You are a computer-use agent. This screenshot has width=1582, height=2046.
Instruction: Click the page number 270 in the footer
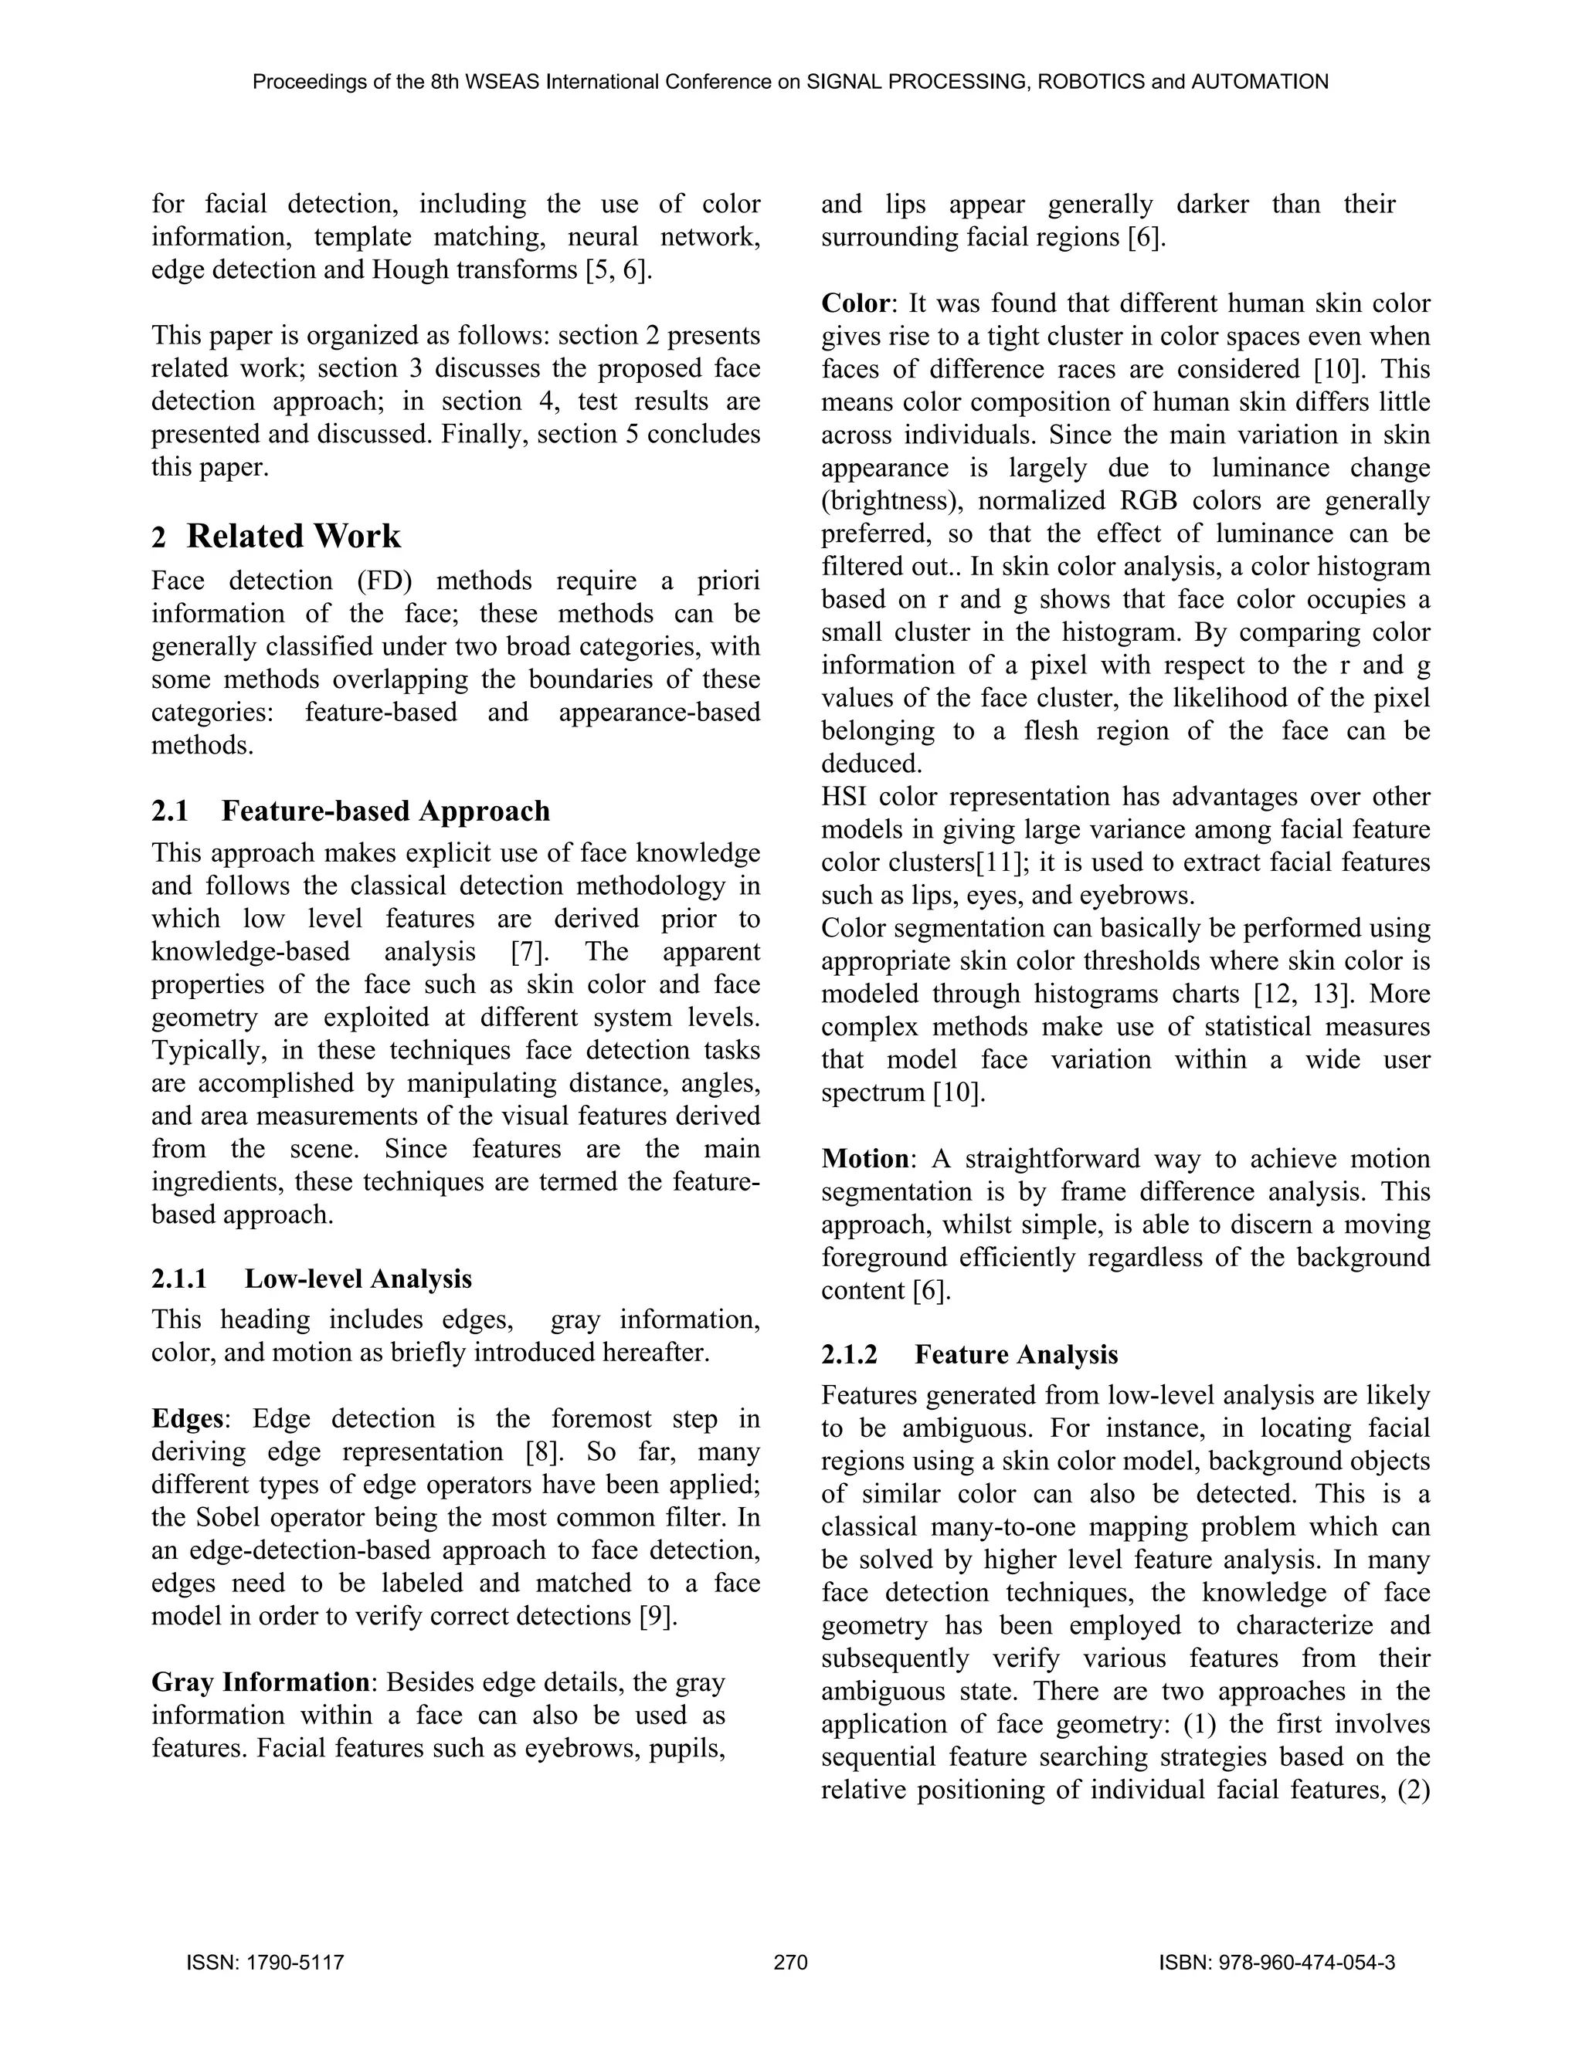790,1963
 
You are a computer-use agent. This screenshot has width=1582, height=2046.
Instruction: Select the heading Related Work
293,536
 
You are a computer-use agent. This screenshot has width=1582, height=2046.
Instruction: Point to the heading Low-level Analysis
357,1279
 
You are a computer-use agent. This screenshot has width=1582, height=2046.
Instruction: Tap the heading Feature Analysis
1016,1355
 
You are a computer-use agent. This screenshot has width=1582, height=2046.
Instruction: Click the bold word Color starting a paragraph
855,303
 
